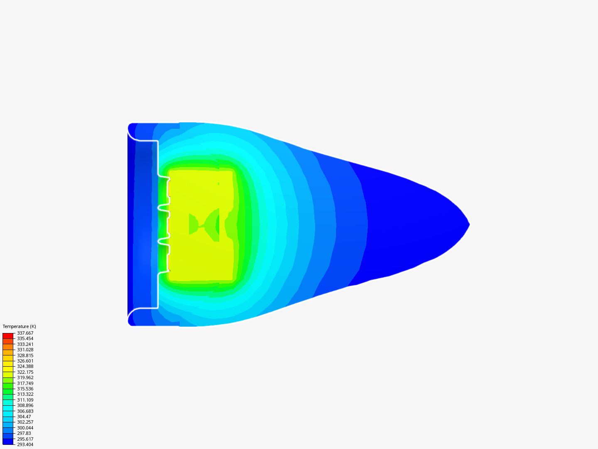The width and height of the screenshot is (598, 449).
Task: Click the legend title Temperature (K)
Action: [x=19, y=326]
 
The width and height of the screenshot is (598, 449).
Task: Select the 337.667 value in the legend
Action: [x=25, y=333]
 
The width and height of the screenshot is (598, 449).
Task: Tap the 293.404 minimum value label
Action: [x=25, y=444]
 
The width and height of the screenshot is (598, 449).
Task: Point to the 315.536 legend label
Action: [x=25, y=389]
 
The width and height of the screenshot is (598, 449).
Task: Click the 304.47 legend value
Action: [x=24, y=417]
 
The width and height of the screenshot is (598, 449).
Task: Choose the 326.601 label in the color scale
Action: [x=25, y=361]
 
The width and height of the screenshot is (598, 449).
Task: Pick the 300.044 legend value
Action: [x=25, y=428]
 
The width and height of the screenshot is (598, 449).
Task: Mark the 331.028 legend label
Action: [x=25, y=350]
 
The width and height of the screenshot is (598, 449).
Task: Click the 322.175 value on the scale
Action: [x=25, y=372]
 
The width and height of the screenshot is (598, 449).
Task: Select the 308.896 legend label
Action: [x=25, y=405]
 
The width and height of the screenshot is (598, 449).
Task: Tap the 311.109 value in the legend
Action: [x=25, y=400]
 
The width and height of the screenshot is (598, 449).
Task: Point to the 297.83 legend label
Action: [x=24, y=433]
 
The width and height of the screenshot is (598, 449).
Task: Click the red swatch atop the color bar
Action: [x=8, y=336]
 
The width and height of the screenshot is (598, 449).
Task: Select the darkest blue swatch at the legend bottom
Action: [x=8, y=442]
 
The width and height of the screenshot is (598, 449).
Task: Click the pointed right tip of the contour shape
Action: [x=468, y=224]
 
